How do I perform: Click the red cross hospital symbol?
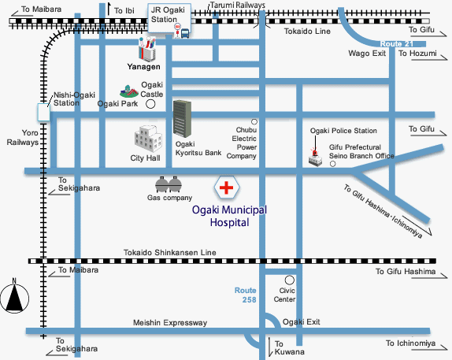click(227, 188)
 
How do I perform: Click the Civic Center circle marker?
click(290, 280)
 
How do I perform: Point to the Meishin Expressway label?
click(169, 322)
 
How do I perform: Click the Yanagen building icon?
click(147, 50)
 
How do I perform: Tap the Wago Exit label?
click(366, 54)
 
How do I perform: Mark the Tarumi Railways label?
click(238, 6)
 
